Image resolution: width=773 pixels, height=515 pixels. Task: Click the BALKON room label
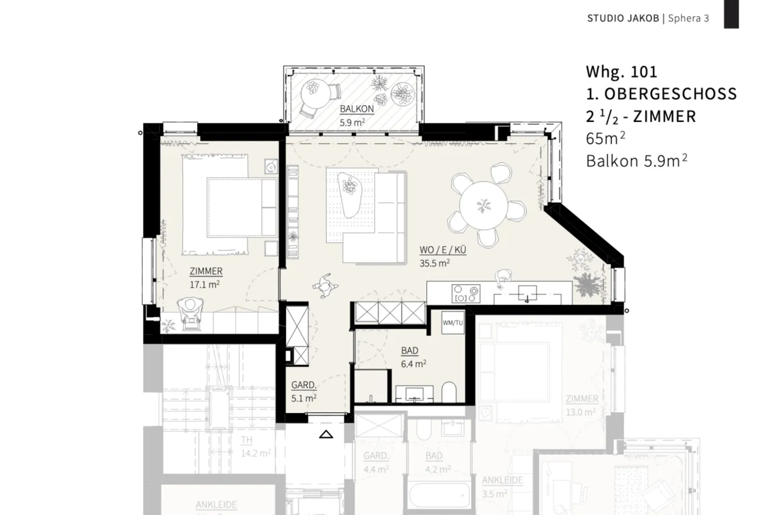pyautogui.click(x=356, y=109)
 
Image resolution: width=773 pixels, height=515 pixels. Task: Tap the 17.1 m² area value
pyautogui.click(x=205, y=284)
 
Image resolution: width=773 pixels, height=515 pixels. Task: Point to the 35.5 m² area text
pyautogui.click(x=434, y=263)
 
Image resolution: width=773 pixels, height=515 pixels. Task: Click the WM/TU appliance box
pyautogui.click(x=453, y=323)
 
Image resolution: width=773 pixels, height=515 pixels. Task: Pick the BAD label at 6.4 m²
pyautogui.click(x=410, y=351)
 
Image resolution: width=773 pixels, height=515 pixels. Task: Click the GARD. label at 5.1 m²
pyautogui.click(x=303, y=385)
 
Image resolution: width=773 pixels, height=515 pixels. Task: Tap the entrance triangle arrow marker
pyautogui.click(x=326, y=434)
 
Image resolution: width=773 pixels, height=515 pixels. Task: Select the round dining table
pyautogui.click(x=483, y=205)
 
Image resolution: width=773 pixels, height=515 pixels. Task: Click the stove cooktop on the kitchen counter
pyautogui.click(x=465, y=294)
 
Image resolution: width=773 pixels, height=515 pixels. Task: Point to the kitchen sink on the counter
pyautogui.click(x=526, y=294)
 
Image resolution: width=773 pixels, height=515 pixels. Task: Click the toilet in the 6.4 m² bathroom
pyautogui.click(x=449, y=393)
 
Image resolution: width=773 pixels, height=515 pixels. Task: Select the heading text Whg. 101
pyautogui.click(x=621, y=72)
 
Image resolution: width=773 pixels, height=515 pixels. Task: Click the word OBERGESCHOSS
pyautogui.click(x=670, y=94)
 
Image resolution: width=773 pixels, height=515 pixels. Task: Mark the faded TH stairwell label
pyautogui.click(x=246, y=440)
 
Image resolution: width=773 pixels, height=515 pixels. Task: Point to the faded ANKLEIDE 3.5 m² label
pyautogui.click(x=502, y=480)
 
